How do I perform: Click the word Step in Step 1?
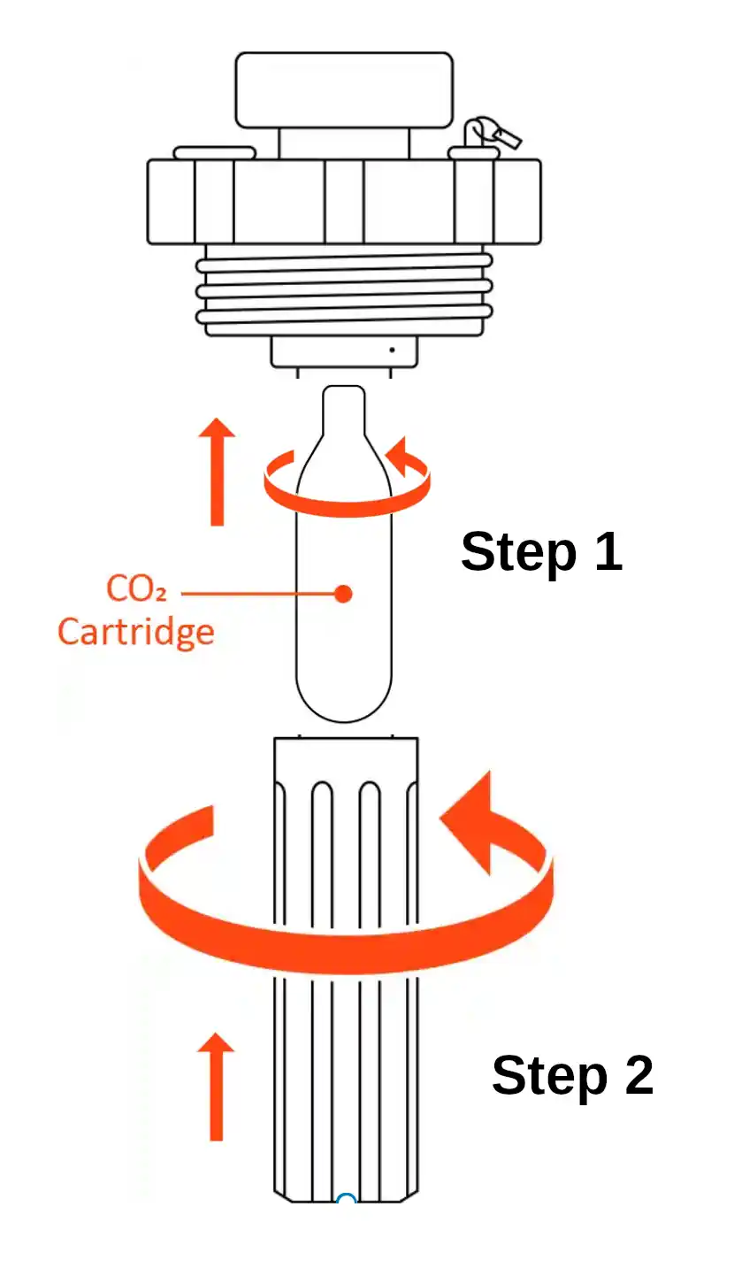point(511,553)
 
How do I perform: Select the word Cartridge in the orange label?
point(135,632)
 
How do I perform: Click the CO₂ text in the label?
point(137,588)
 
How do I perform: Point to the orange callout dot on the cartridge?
point(343,594)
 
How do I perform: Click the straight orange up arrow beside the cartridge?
point(217,473)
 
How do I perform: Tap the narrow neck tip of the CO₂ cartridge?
point(344,403)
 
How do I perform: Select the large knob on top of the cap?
point(344,89)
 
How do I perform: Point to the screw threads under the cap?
point(344,292)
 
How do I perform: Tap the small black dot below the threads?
point(392,350)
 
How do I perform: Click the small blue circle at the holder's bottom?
point(346,1200)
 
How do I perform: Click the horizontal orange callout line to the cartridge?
point(256,593)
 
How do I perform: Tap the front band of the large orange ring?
point(345,947)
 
